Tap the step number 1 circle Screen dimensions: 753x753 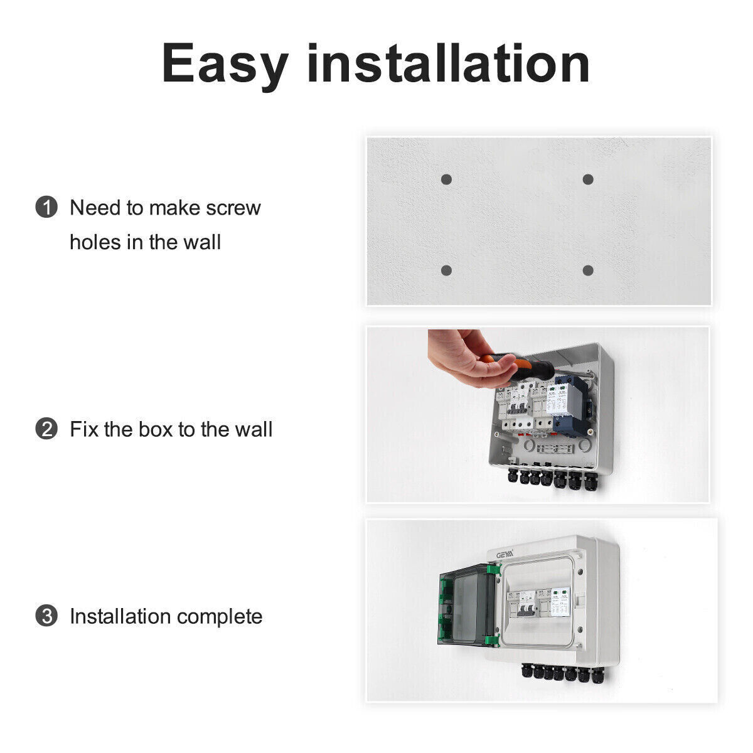point(46,207)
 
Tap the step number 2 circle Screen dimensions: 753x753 point(46,429)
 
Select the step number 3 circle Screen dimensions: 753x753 point(46,616)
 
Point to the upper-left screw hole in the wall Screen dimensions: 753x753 point(446,179)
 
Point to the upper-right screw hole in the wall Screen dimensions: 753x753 point(588,179)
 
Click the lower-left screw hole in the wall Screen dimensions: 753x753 point(446,270)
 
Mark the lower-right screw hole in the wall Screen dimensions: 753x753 point(588,270)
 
